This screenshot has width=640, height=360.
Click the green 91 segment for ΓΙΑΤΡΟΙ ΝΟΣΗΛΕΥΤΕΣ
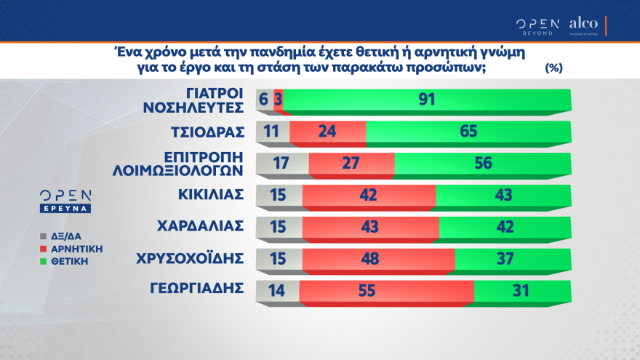tap(427, 100)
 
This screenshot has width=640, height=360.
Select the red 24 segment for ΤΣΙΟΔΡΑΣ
tap(328, 132)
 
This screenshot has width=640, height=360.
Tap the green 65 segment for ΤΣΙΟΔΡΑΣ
tap(468, 132)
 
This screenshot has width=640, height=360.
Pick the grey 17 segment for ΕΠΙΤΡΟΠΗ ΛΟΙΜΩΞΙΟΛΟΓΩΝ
tap(283, 164)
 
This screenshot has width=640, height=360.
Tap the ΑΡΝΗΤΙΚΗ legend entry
tap(76, 248)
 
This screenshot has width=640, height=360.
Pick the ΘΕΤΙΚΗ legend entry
tap(70, 260)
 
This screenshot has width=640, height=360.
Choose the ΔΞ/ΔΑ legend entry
tap(67, 236)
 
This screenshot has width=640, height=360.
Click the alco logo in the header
tap(584, 24)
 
